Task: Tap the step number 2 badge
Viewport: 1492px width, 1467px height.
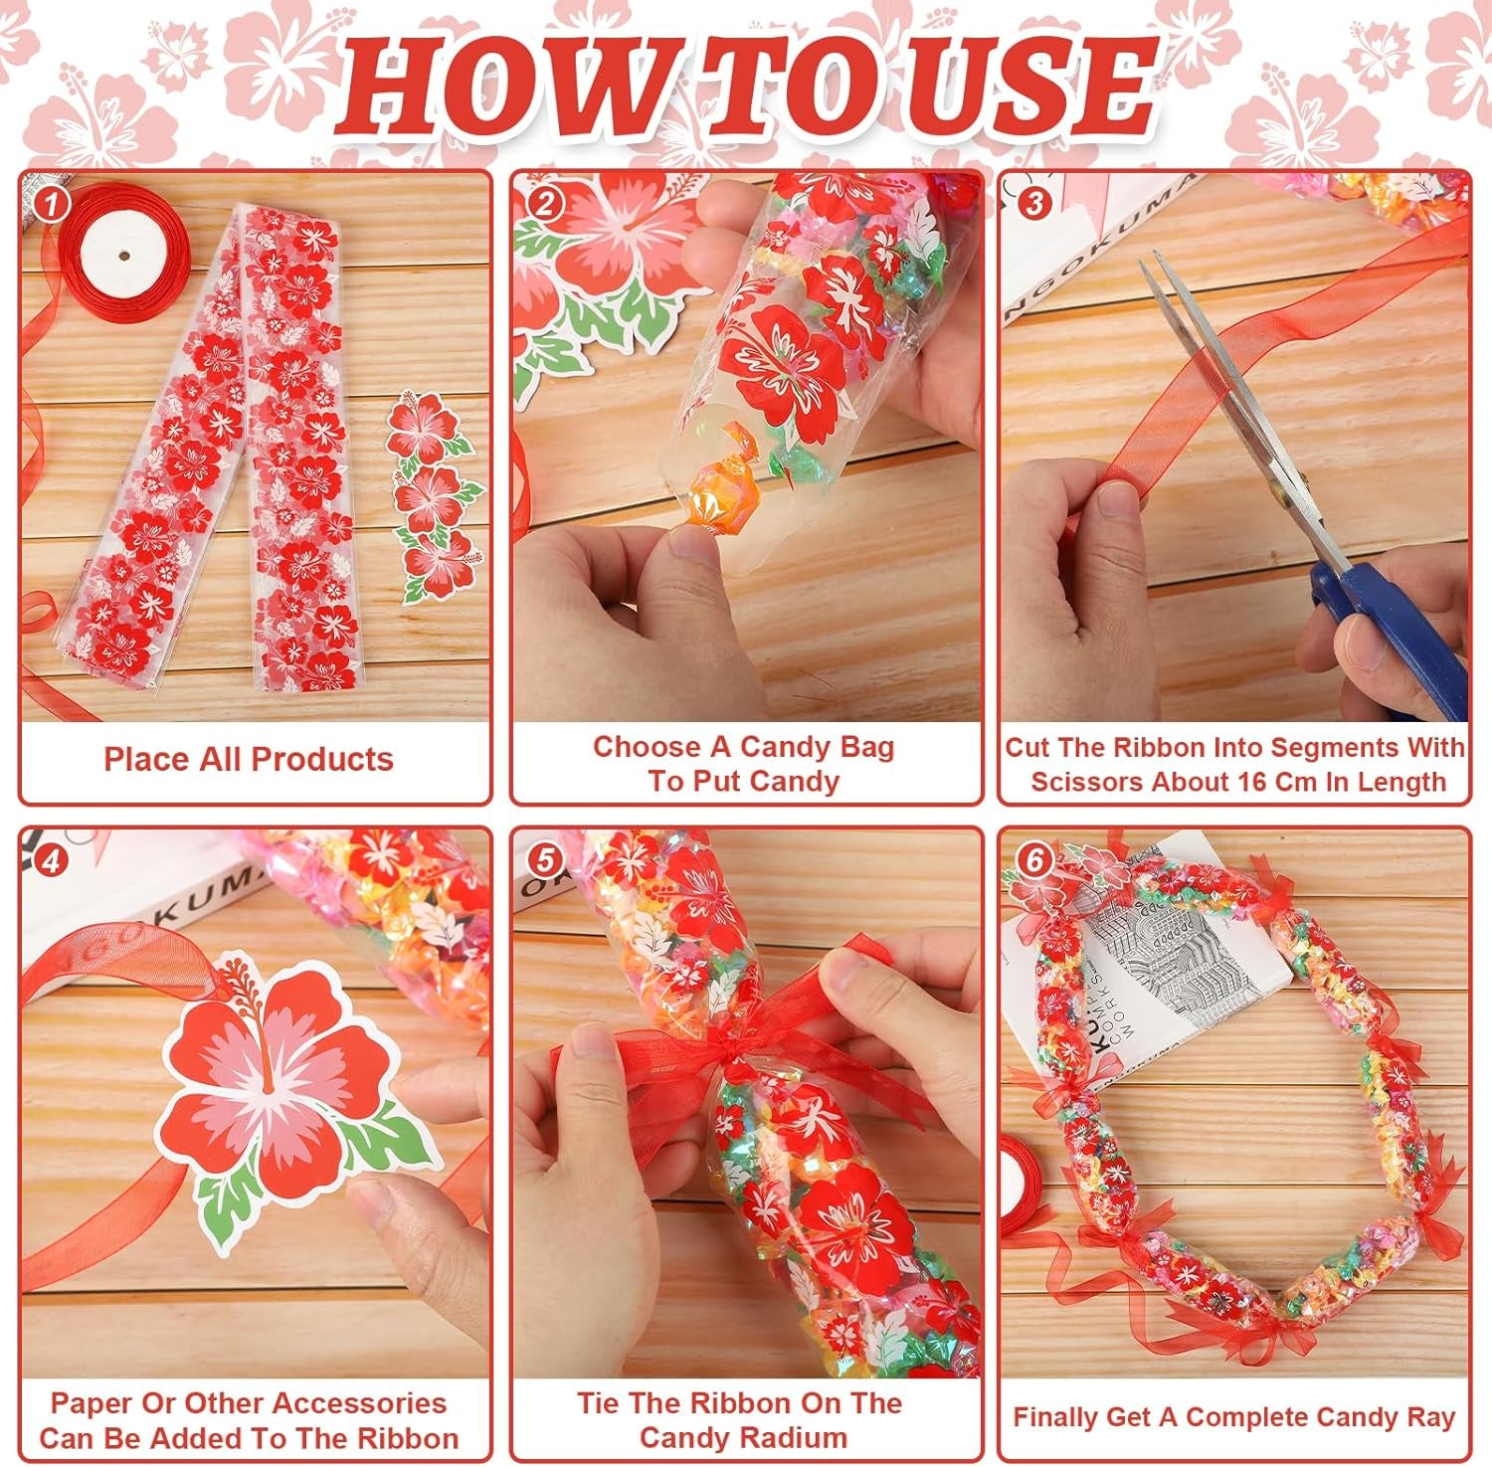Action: click(544, 205)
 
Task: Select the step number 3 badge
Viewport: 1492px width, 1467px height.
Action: click(1033, 204)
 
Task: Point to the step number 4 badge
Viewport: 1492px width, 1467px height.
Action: click(50, 860)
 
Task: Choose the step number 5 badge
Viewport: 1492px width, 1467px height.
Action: click(544, 860)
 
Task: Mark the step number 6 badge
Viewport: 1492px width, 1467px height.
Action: click(1033, 860)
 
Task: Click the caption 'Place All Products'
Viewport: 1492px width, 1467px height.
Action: click(249, 760)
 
